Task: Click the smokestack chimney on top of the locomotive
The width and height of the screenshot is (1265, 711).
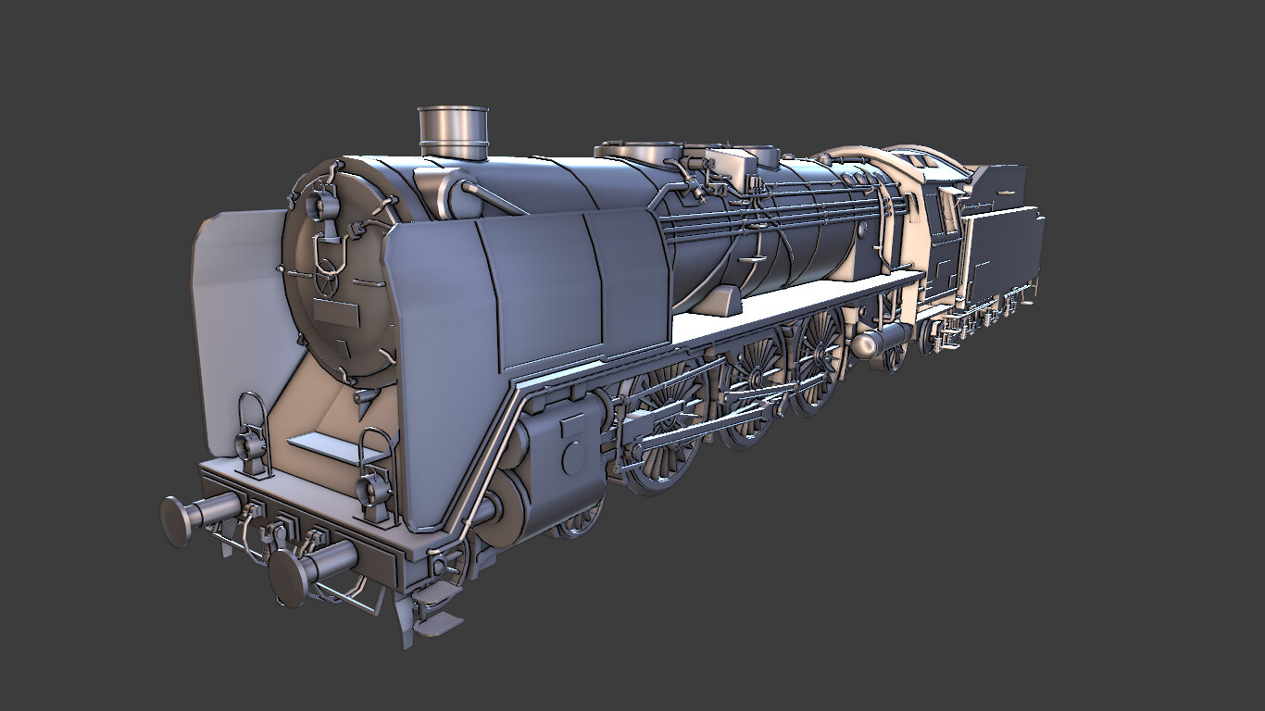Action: [x=453, y=131]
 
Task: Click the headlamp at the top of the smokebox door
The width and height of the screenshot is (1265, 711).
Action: [x=324, y=203]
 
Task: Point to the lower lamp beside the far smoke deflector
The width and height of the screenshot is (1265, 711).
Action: [x=250, y=444]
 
